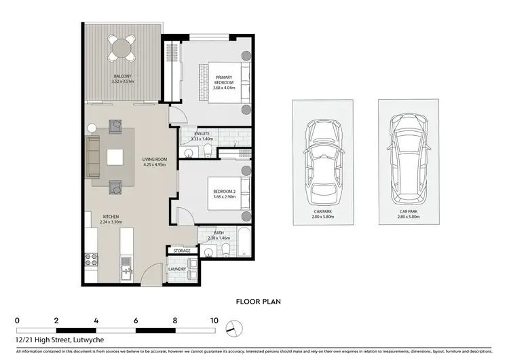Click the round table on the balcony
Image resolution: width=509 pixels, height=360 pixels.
pos(123,48)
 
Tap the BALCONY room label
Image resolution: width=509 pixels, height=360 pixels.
pos(123,77)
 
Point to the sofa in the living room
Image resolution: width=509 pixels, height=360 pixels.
pos(93,156)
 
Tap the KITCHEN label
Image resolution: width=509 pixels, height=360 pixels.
pos(108,217)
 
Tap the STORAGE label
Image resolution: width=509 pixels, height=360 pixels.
pos(182,251)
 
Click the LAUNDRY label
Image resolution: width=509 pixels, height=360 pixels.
pos(177,270)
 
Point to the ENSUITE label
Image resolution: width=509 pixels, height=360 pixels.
pos(202,134)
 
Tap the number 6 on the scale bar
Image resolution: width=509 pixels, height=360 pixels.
pos(136,319)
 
